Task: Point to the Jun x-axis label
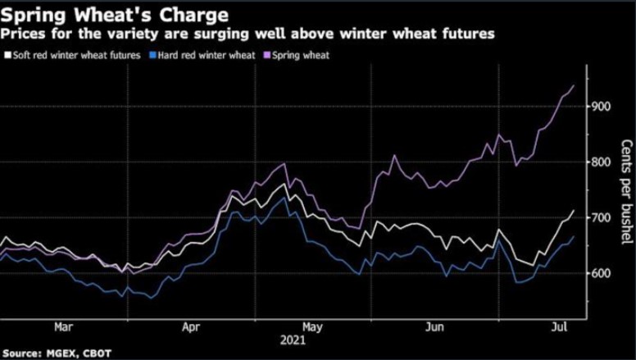(435, 326)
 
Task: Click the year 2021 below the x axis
(293, 339)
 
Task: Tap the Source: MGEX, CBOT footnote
(56, 353)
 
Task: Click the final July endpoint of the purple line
(574, 85)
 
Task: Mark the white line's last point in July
(574, 211)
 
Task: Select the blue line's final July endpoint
(574, 236)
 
